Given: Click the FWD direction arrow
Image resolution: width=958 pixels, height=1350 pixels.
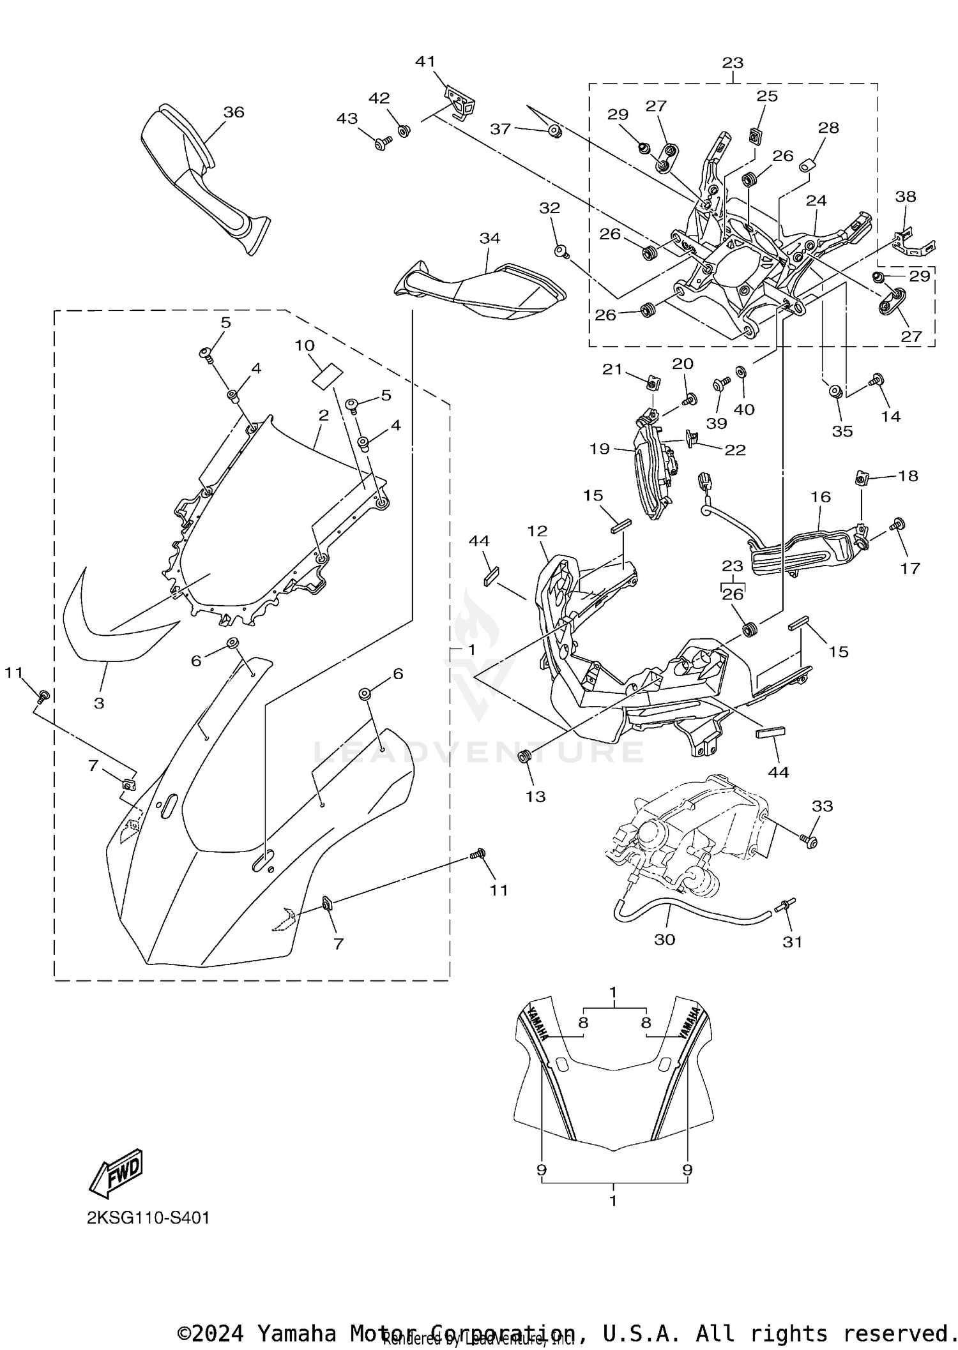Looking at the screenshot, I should tap(117, 1173).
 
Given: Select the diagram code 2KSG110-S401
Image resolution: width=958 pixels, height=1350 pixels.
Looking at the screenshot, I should tap(148, 1218).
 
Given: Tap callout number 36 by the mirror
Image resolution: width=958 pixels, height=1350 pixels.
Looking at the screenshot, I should tap(234, 112).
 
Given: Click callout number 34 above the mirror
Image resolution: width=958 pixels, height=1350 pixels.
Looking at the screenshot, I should tap(490, 238).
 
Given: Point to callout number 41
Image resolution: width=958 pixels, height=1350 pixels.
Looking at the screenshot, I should tap(425, 62).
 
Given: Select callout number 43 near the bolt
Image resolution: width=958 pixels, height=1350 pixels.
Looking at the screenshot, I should tap(347, 119).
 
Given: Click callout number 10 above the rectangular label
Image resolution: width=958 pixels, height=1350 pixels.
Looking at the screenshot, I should tap(305, 345).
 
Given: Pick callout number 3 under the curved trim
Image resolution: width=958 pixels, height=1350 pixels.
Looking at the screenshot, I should tap(99, 703).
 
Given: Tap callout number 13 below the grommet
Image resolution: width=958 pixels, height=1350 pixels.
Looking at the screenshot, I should tap(535, 796).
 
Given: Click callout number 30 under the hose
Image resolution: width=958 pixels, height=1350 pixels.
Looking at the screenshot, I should tap(665, 940).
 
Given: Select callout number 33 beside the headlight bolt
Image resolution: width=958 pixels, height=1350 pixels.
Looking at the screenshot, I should tap(823, 806).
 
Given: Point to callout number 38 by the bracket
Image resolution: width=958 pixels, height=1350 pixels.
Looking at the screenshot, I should tap(906, 197).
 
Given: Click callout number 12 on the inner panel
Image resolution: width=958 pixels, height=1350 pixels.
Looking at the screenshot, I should tap(538, 531).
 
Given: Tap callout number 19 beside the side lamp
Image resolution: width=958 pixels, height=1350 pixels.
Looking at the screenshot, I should tap(600, 449).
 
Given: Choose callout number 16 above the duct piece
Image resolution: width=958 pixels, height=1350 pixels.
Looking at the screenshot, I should tap(821, 496).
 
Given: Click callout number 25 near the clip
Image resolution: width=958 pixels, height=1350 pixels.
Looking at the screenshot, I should tap(768, 96).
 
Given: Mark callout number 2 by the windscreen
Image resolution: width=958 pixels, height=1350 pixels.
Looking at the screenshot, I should tap(324, 416).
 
